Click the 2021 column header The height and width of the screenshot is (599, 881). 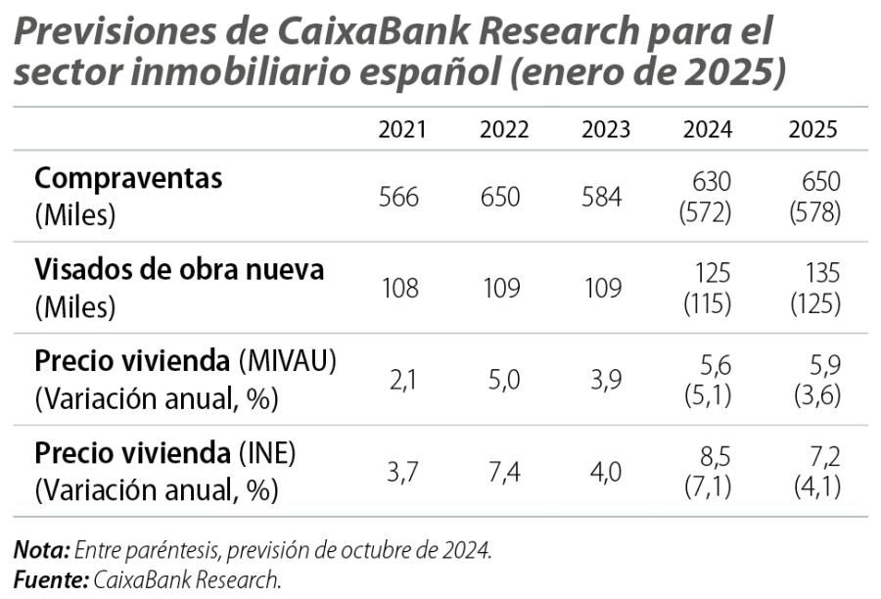point(402,130)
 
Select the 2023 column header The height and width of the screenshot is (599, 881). point(606,130)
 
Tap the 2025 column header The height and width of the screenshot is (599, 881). point(813,130)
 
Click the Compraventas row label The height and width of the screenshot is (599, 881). point(128,179)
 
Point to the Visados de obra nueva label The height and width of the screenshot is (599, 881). point(179,269)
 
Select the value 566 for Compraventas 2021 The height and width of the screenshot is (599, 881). point(398,197)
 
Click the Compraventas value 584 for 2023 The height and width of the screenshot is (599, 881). point(601,197)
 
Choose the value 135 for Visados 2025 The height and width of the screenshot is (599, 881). point(820,272)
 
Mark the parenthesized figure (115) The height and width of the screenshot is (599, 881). point(706,303)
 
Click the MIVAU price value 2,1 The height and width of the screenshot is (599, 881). point(402,380)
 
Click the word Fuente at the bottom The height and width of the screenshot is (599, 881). point(50,578)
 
